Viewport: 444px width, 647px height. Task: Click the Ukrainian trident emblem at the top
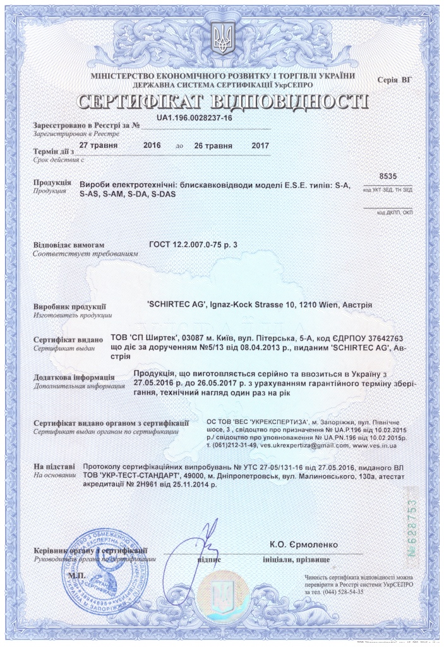[222, 39]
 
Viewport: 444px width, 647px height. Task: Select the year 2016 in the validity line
[152, 145]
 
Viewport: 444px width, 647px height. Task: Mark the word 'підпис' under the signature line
[208, 559]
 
